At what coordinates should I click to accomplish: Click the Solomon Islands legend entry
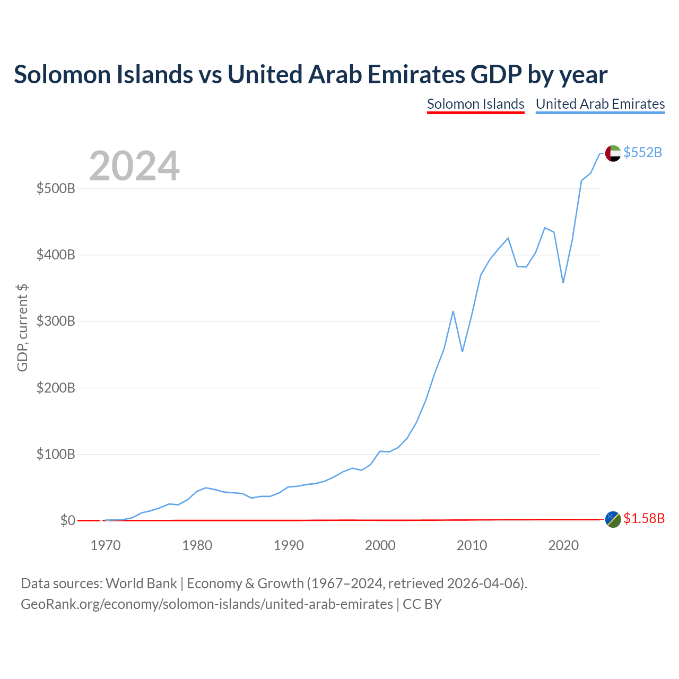pos(475,105)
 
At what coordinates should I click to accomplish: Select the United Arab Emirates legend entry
pos(600,105)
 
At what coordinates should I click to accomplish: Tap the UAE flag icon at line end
pos(613,153)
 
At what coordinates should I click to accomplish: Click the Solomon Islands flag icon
pos(613,520)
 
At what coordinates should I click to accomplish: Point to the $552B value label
pos(643,152)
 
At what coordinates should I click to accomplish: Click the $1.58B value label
pos(644,518)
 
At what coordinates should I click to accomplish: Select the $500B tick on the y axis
pos(56,188)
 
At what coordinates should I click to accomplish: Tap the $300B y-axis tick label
pos(56,321)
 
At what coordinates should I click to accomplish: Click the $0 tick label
pos(68,520)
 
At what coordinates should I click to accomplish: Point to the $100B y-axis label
pos(56,454)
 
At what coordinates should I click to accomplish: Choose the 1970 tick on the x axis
pos(106,545)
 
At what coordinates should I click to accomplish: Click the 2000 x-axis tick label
pos(380,545)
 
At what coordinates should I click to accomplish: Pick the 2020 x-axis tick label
pos(563,545)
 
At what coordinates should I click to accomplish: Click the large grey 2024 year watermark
pos(134,166)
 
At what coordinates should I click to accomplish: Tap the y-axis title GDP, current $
pos(22,328)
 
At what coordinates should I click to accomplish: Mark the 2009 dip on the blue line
pos(462,352)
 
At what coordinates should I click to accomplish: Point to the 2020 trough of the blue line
pos(563,283)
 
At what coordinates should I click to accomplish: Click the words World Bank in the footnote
pos(141,584)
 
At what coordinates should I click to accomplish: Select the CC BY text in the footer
pos(422,604)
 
